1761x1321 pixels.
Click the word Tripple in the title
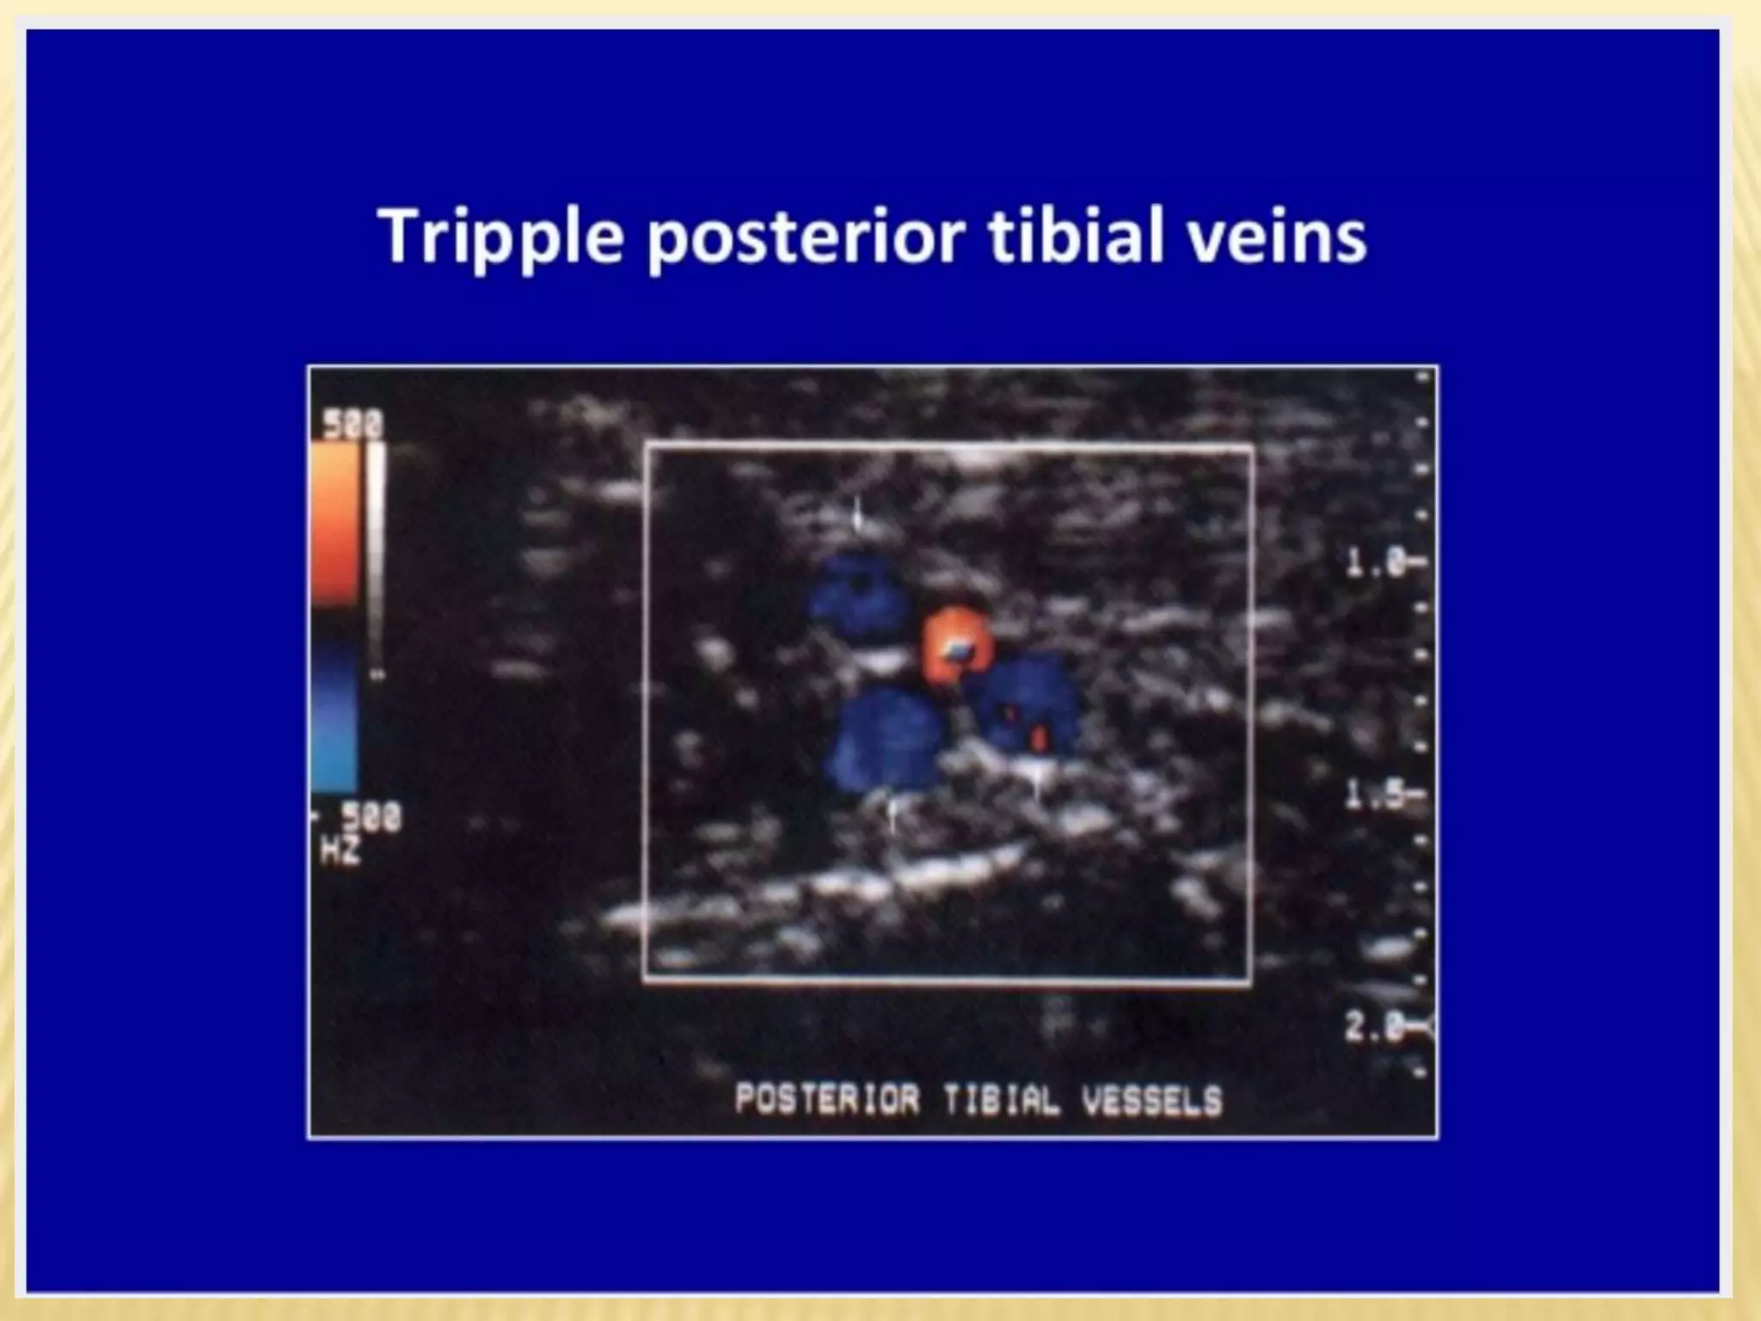(x=500, y=237)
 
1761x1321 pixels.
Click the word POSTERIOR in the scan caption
(x=827, y=1099)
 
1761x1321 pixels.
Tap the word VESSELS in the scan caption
(x=1152, y=1101)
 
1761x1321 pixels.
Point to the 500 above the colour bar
(x=353, y=425)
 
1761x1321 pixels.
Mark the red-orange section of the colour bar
(x=335, y=525)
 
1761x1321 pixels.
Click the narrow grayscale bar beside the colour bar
(x=376, y=559)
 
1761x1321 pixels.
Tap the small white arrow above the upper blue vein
(x=857, y=514)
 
